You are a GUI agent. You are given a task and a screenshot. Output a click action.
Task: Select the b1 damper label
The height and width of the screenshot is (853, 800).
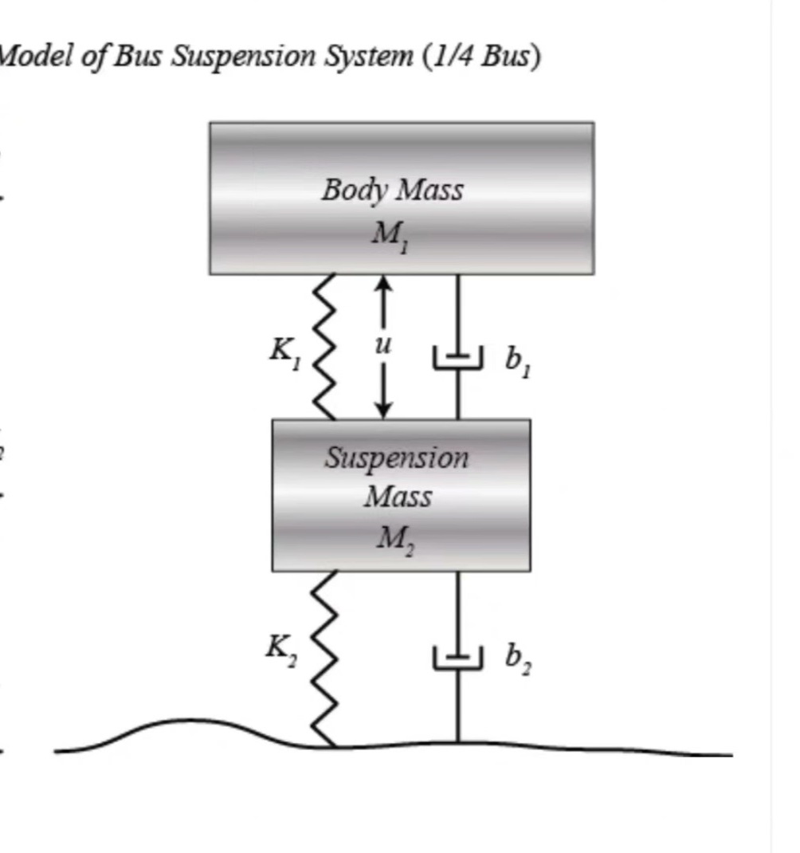click(x=518, y=362)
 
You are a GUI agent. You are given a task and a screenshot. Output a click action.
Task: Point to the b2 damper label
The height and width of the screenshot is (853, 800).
click(x=518, y=658)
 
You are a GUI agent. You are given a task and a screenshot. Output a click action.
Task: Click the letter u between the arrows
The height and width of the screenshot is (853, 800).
click(x=383, y=345)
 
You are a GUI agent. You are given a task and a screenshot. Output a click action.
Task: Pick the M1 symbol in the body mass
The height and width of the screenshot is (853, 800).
click(x=390, y=236)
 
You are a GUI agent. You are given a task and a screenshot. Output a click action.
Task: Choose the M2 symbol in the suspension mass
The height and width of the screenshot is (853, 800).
click(x=395, y=540)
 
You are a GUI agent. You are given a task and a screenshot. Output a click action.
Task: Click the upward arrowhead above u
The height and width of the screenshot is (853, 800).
click(x=383, y=283)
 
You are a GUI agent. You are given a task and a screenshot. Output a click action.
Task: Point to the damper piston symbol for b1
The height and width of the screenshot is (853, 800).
click(x=457, y=357)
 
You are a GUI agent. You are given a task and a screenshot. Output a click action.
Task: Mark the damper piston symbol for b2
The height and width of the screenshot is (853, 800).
click(x=457, y=658)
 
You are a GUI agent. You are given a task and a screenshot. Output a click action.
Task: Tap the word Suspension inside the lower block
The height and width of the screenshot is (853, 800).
click(x=397, y=458)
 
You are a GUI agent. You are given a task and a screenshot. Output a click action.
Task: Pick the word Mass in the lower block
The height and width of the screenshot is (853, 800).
click(x=398, y=497)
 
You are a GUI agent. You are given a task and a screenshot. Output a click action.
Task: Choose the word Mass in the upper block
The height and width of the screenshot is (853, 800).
click(x=429, y=191)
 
